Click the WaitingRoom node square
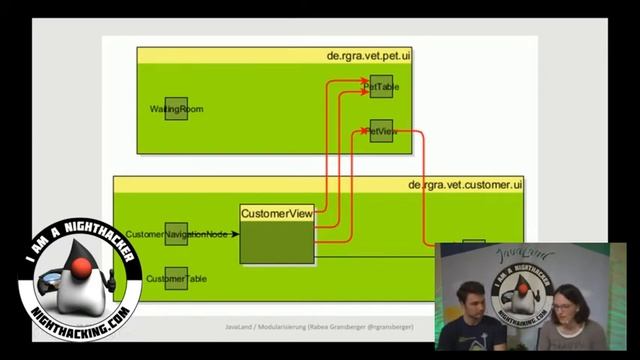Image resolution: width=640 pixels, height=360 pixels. tap(176, 108)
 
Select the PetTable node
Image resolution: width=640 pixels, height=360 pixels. tap(381, 88)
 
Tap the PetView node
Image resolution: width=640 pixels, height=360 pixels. tap(381, 131)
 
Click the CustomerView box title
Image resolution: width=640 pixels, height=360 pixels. tap(277, 213)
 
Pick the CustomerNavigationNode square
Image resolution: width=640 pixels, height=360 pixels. tap(176, 234)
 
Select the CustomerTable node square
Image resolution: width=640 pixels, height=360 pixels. tap(176, 278)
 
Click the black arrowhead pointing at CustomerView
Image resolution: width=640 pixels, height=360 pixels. tap(235, 234)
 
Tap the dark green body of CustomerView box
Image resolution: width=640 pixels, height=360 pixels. tap(277, 243)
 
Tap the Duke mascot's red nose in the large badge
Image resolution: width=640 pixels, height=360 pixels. tap(77, 266)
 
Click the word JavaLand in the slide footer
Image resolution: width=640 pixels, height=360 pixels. tap(242, 327)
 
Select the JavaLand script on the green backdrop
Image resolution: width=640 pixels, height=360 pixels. tap(520, 255)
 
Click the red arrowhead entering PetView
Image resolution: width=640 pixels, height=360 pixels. tap(366, 131)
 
